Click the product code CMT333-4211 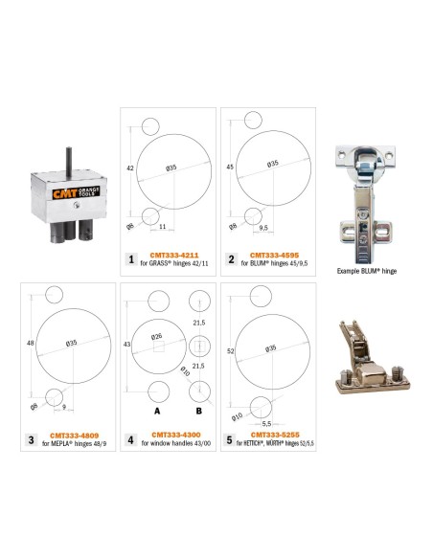point(174,256)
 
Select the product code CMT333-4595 point(274,256)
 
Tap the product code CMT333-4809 point(74,436)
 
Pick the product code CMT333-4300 point(176,435)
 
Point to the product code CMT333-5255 point(275,435)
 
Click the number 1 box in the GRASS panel point(131,259)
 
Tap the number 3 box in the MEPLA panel point(32,439)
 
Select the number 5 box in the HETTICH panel point(229,439)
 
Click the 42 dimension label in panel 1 point(130,168)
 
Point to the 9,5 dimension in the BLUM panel point(263,228)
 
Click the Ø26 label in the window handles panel point(156,337)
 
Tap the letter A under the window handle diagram point(157,411)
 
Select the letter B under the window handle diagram point(199,411)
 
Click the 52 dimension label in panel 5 point(231,351)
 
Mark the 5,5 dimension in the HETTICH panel point(266,424)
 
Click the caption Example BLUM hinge point(367,271)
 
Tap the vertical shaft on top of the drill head point(69,163)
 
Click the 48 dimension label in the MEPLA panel point(31,343)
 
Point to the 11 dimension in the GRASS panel point(162,227)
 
